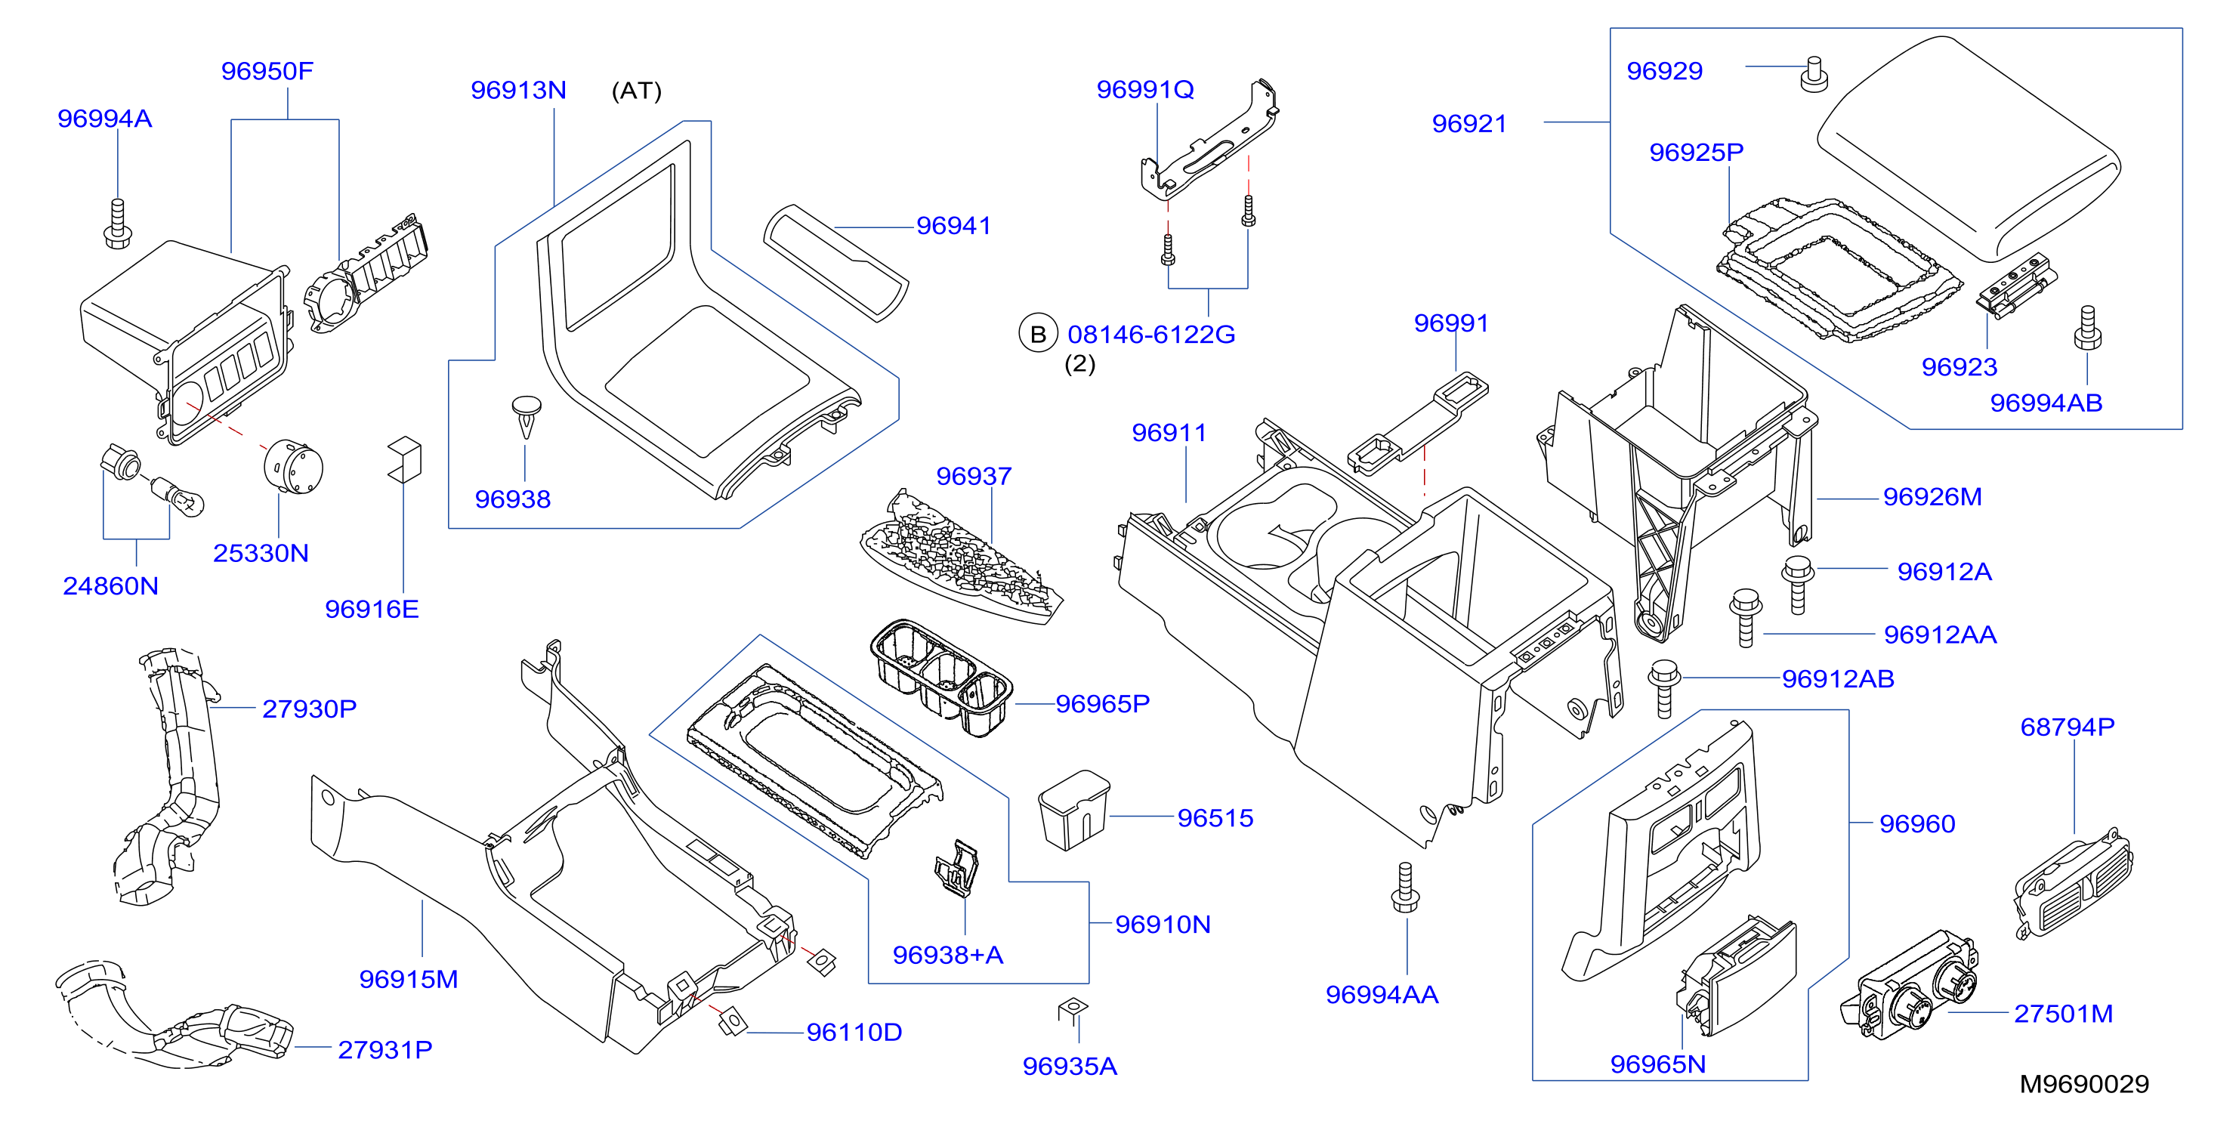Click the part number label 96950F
[x=267, y=71]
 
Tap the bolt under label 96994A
[x=116, y=224]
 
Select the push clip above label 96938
[x=526, y=417]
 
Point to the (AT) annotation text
[x=636, y=91]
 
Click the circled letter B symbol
[x=1038, y=335]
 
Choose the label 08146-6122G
[x=1150, y=335]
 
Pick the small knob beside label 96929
[x=1813, y=73]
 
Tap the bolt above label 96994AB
[x=2087, y=328]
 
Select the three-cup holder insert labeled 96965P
[x=941, y=676]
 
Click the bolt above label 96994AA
[x=1406, y=888]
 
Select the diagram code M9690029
[x=2083, y=1084]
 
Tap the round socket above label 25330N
[x=293, y=467]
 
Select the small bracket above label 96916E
[x=404, y=459]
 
